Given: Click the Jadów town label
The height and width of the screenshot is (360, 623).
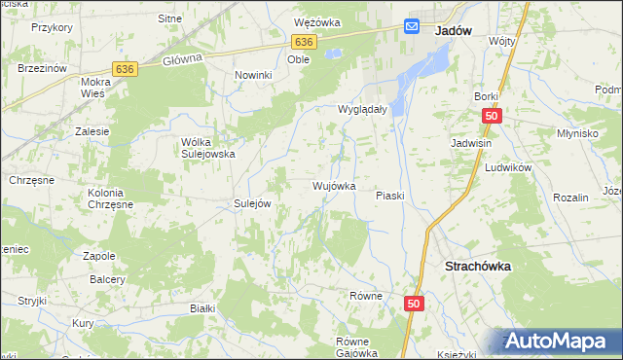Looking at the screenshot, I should pos(454,30).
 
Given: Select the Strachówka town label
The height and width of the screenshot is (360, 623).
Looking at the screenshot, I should pos(478,265).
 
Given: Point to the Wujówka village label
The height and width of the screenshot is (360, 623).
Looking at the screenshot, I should pos(333,185).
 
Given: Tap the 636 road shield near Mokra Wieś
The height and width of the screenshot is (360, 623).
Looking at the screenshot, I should pos(124,69).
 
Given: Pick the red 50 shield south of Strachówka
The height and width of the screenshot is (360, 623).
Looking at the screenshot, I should pos(415,305).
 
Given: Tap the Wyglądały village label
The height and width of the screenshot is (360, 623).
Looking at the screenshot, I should pos(363,110).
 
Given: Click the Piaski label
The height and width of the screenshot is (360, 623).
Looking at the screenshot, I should pos(390,196).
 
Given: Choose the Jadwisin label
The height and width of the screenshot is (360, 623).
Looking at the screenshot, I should pos(469,143).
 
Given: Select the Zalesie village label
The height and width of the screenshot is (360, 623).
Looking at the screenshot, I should pos(92,130).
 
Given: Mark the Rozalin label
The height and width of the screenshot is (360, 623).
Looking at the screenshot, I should pos(570,198).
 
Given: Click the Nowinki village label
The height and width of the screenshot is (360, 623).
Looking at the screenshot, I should pos(251,74).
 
